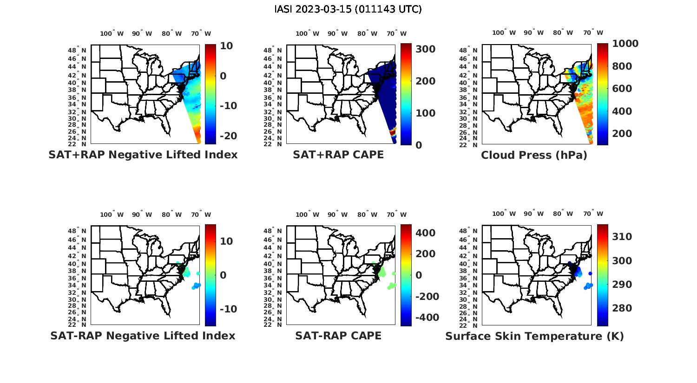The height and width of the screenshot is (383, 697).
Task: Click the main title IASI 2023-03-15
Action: (348, 9)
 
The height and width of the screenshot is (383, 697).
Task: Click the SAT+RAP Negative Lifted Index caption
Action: (143, 155)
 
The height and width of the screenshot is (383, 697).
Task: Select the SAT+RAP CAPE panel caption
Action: (338, 155)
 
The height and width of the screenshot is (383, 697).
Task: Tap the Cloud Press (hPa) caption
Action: (534, 155)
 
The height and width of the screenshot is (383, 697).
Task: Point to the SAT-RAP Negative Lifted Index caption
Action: (143, 336)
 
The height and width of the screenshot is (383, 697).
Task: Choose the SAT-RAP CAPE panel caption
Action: (338, 336)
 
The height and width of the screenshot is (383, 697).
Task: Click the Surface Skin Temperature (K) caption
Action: (534, 336)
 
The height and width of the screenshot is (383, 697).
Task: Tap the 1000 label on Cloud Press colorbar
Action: (625, 44)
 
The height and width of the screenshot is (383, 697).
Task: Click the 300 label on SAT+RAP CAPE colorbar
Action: (425, 49)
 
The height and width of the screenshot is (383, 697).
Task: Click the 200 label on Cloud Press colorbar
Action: (622, 134)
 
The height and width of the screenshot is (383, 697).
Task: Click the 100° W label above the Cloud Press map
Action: (504, 33)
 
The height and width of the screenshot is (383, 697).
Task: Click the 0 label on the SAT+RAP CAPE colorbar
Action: (418, 145)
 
